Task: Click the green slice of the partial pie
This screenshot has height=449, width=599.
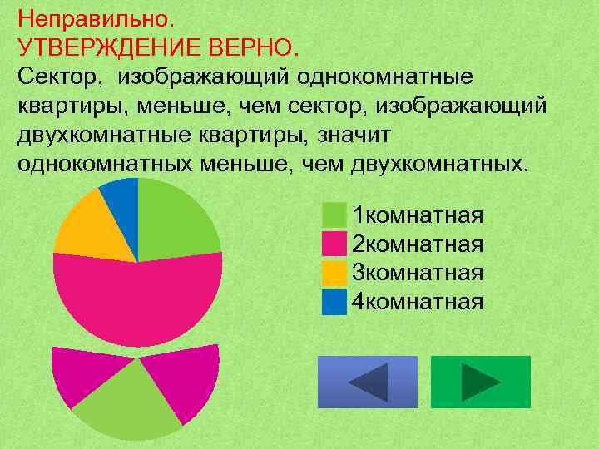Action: coord(129,403)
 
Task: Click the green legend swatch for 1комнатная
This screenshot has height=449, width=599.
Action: coord(334,215)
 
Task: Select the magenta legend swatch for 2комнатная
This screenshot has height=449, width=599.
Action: coord(334,244)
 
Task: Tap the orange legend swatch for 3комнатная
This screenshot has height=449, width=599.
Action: coord(334,273)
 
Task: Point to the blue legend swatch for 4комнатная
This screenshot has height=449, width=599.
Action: coord(334,301)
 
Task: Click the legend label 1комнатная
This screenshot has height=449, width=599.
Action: coord(418,216)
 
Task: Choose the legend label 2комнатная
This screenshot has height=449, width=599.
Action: coord(418,244)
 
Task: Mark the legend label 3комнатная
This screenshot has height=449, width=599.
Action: coord(418,273)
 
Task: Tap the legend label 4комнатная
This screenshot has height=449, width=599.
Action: coord(418,301)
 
